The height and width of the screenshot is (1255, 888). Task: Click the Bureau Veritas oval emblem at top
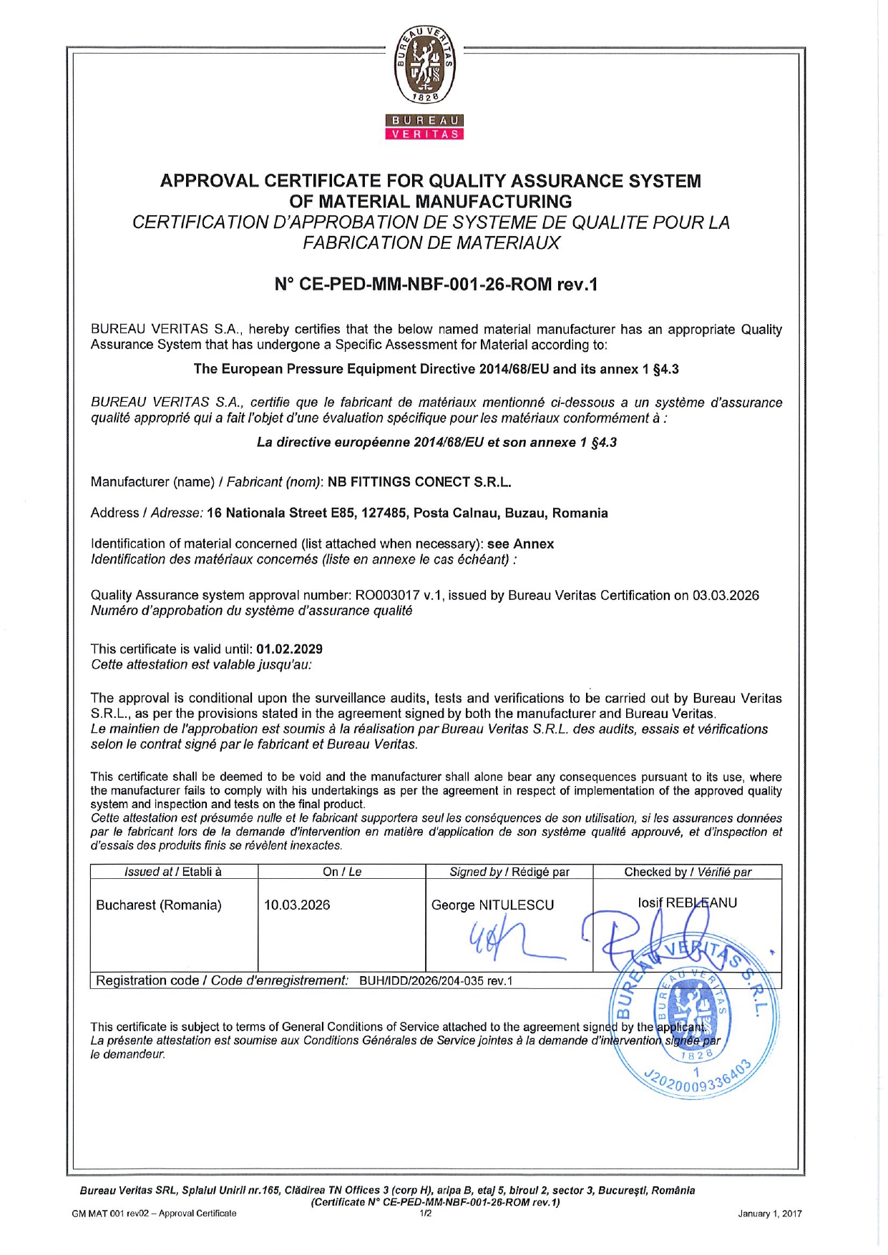coord(426,66)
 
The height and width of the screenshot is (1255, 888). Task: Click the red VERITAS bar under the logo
coord(425,134)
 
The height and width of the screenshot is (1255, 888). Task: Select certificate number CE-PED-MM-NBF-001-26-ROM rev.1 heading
coord(436,285)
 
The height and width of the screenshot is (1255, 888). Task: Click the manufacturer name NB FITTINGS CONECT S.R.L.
coord(419,482)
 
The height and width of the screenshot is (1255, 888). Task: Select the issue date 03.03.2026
coord(725,596)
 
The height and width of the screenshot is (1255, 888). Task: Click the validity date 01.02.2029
coord(289,649)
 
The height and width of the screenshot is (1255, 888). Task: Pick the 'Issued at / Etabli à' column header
coord(173,872)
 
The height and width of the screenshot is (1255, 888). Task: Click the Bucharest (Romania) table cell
coord(159,905)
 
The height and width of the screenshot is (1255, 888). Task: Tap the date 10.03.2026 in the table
coord(297,905)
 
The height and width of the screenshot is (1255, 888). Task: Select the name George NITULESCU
coord(492,905)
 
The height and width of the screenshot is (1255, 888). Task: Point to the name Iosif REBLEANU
coord(687,903)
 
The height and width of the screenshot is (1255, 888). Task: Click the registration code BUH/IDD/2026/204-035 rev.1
coord(436,981)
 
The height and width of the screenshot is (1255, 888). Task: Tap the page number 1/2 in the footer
coord(426,1214)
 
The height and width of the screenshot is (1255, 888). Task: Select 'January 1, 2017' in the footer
coord(769,1214)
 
